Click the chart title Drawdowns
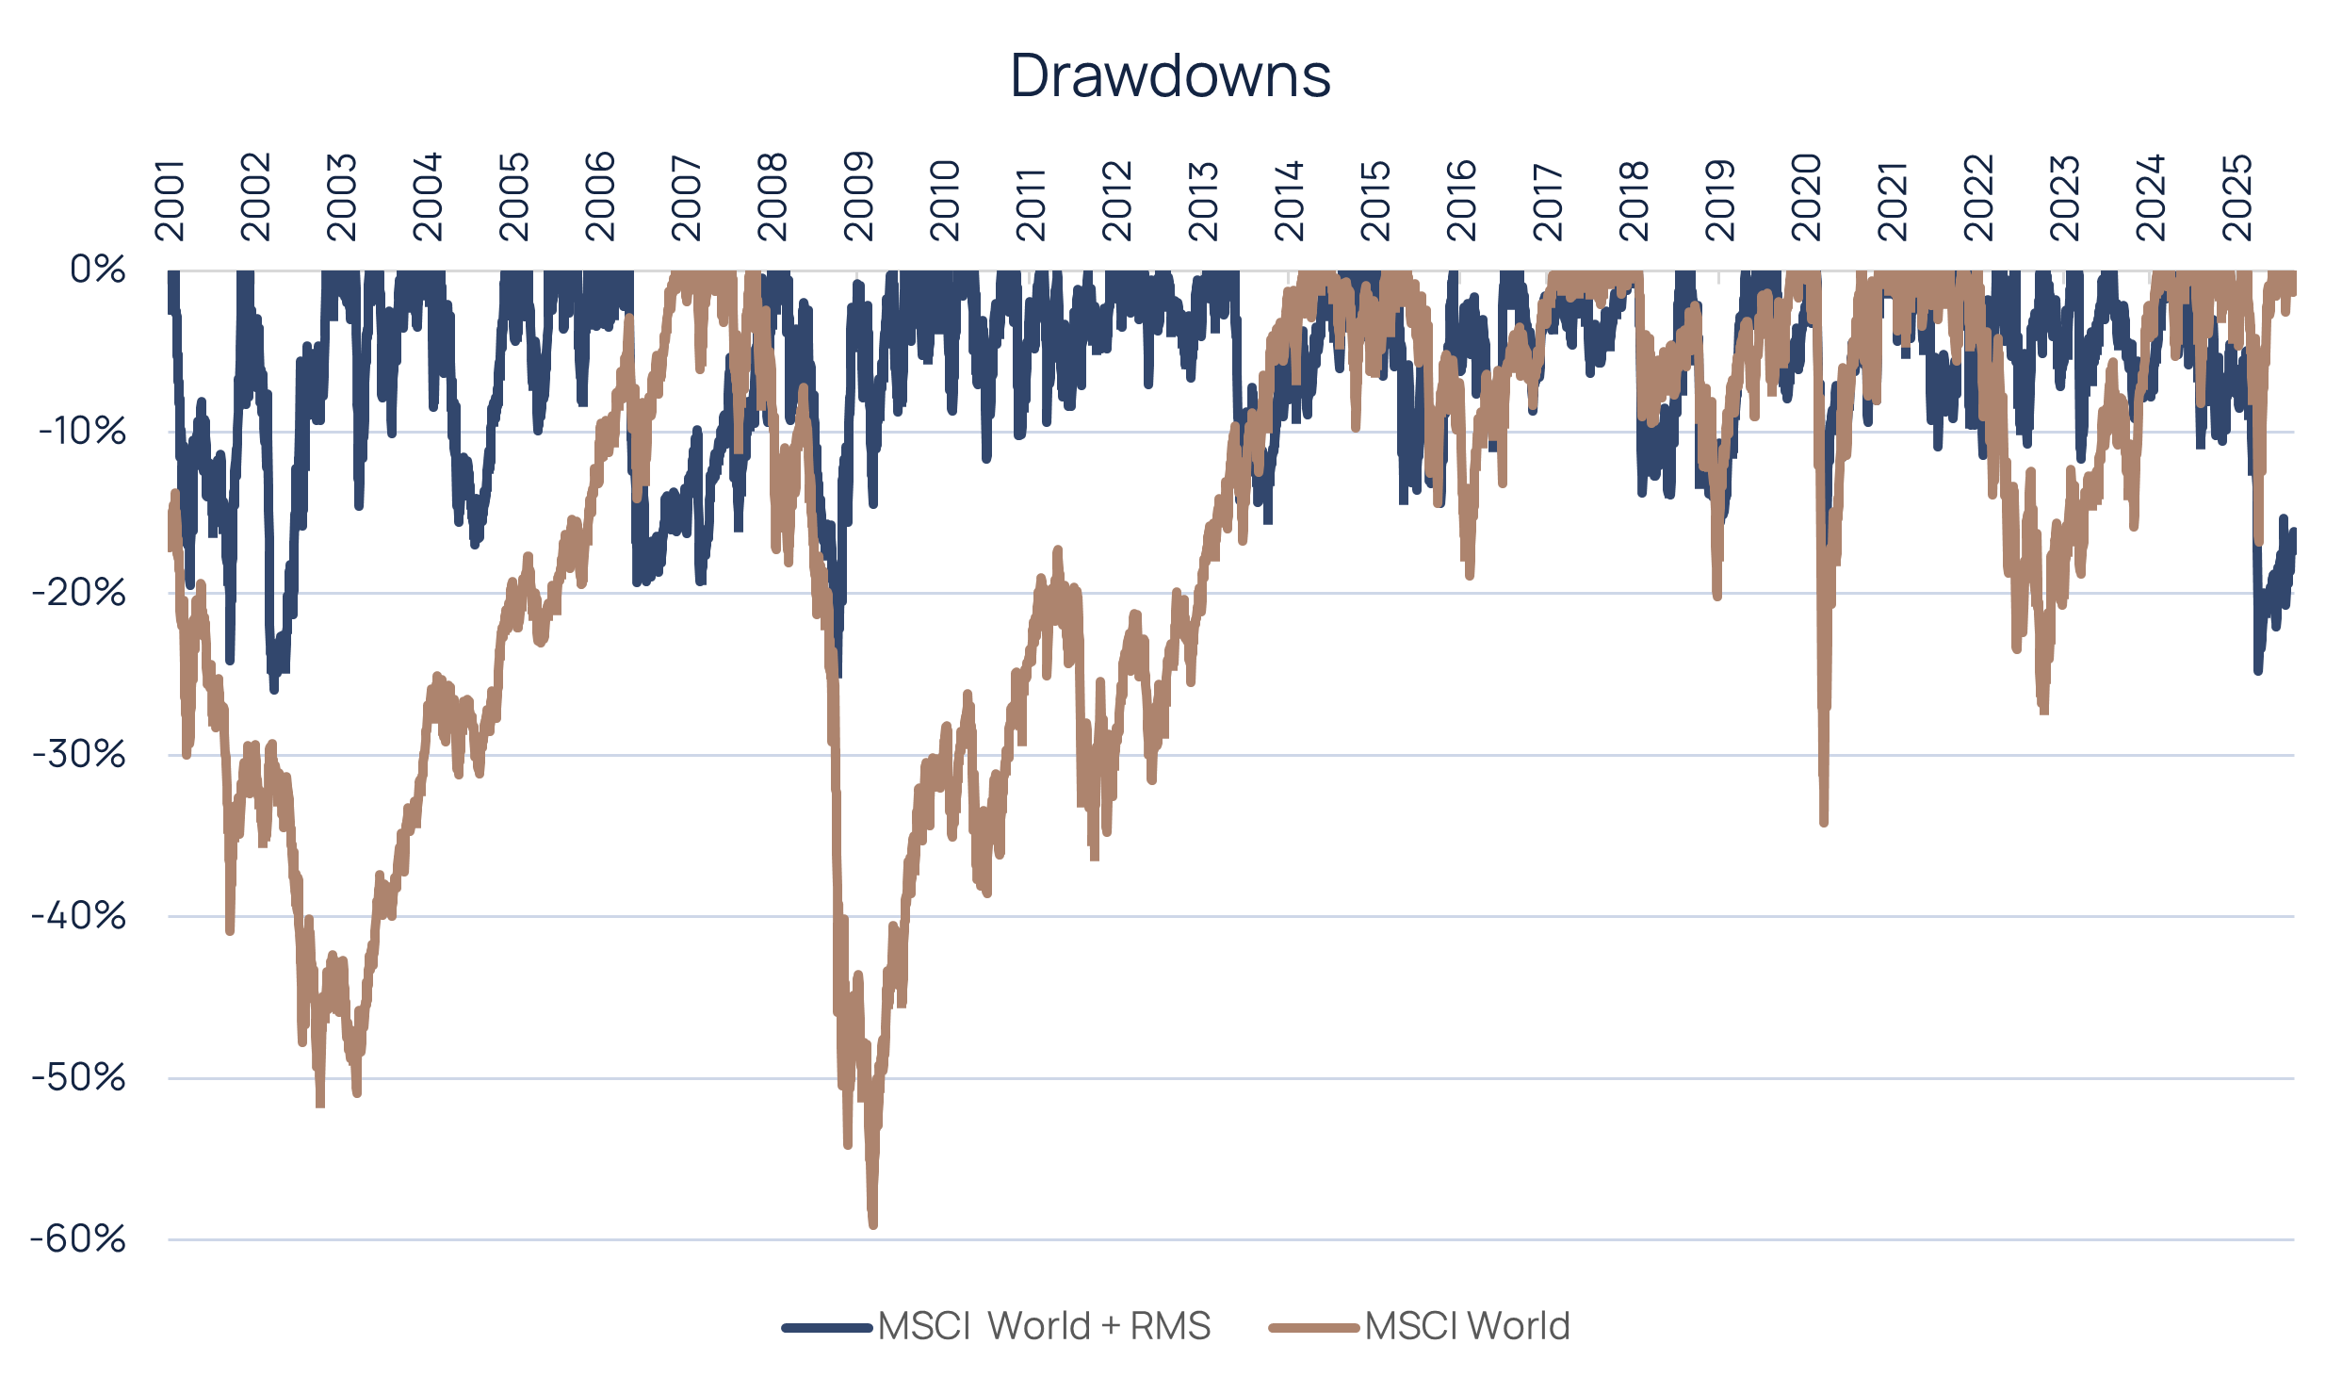point(1170,75)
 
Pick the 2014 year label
point(1290,199)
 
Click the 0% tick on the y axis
point(98,270)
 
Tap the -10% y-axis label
point(83,432)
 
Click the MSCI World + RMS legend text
point(1044,1326)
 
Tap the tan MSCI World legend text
point(1467,1326)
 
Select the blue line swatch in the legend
point(827,1327)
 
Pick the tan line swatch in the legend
point(1315,1327)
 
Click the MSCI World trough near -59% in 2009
point(872,1223)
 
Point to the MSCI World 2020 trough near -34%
point(1824,822)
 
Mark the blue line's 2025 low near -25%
point(2258,670)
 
